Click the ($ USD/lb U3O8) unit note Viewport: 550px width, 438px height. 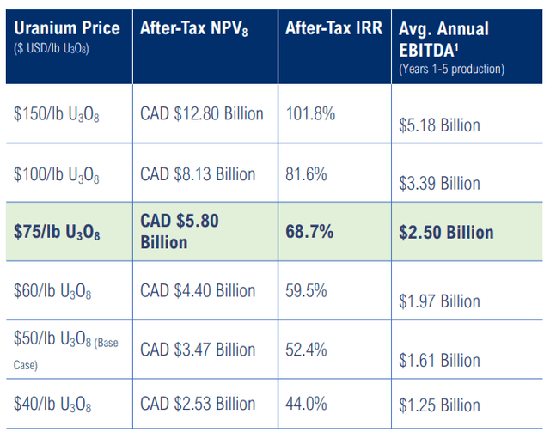point(52,47)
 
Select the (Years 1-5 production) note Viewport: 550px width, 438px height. point(451,69)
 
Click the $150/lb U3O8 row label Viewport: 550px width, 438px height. point(56,115)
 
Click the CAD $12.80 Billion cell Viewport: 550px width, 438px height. point(202,114)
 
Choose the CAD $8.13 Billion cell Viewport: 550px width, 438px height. point(198,174)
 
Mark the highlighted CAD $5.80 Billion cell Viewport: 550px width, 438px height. point(180,231)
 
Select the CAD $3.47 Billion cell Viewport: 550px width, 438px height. point(198,350)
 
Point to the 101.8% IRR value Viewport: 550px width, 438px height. point(310,114)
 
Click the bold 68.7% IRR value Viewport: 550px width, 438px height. point(309,232)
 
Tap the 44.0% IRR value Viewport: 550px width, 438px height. point(306,403)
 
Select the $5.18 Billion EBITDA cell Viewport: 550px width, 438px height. point(439,125)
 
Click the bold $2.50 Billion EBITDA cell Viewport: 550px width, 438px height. point(446,233)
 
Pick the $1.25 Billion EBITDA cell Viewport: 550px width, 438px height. point(439,414)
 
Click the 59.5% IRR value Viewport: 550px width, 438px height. point(306,290)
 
